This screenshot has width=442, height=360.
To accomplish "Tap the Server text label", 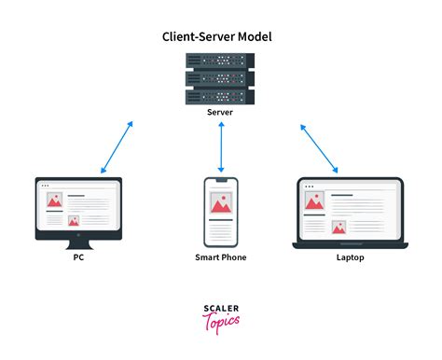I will point(221,111).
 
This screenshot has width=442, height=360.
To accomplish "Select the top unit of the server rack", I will point(221,61).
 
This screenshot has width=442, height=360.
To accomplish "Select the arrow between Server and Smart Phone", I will point(221,147).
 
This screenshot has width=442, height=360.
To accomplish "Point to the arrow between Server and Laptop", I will point(319,147).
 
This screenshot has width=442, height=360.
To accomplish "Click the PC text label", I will point(77,256).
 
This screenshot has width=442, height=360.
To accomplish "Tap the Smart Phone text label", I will point(221,256).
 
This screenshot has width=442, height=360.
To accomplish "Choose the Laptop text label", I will point(350,256).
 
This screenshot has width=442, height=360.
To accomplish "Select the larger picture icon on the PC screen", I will point(52,200).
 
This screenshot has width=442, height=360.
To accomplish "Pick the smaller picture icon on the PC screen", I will point(74,220).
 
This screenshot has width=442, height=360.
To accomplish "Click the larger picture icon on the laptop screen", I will point(315,199).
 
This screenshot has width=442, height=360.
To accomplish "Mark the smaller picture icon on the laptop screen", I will point(339,225).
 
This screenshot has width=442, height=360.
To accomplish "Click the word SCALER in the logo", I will point(221,308).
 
